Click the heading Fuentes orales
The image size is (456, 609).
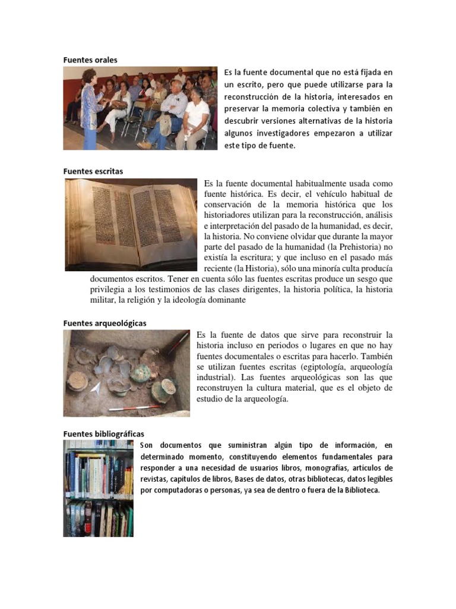(x=90, y=59)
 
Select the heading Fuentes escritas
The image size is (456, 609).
(x=93, y=171)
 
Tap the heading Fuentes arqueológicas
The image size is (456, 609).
(x=104, y=322)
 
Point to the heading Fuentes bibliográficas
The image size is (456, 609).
(x=103, y=434)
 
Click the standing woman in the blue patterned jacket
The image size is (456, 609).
(x=91, y=110)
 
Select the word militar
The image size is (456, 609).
(x=103, y=300)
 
